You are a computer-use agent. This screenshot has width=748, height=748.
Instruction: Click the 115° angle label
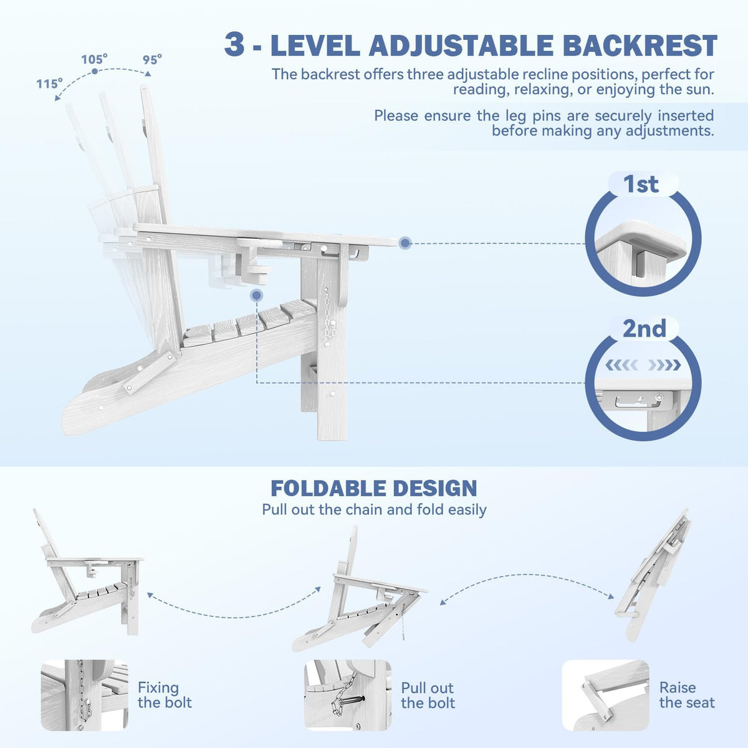[49, 84]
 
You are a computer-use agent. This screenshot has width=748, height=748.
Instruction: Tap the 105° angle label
[94, 59]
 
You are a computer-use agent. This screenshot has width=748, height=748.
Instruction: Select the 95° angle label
[152, 60]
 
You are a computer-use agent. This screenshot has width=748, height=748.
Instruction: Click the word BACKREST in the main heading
[640, 46]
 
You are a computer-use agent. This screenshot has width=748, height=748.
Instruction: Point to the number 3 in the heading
[234, 45]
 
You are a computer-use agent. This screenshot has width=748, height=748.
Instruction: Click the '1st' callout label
[641, 184]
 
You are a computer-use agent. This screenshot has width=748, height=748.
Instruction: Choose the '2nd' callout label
[645, 328]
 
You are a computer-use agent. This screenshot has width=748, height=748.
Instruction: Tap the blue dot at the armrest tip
[405, 243]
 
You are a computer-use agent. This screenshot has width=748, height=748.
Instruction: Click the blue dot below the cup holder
[257, 296]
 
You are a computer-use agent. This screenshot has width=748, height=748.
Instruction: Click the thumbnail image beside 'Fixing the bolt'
[85, 695]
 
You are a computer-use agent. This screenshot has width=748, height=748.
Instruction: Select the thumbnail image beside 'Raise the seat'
[605, 695]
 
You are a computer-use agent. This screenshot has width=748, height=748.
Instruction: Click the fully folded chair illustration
[653, 575]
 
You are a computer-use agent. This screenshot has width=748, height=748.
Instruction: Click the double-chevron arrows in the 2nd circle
[643, 365]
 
